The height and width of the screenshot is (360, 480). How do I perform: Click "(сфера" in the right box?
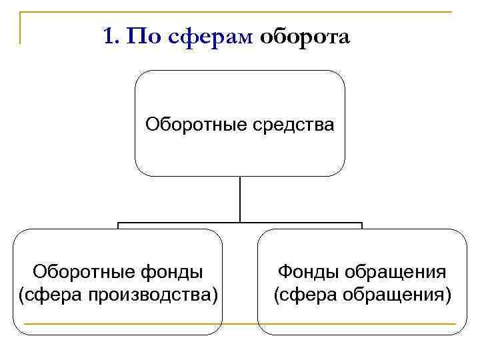tap(304, 293)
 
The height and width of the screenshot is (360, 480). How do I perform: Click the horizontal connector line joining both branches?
tap(240, 223)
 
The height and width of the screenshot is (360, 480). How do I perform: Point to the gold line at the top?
tap(240, 12)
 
